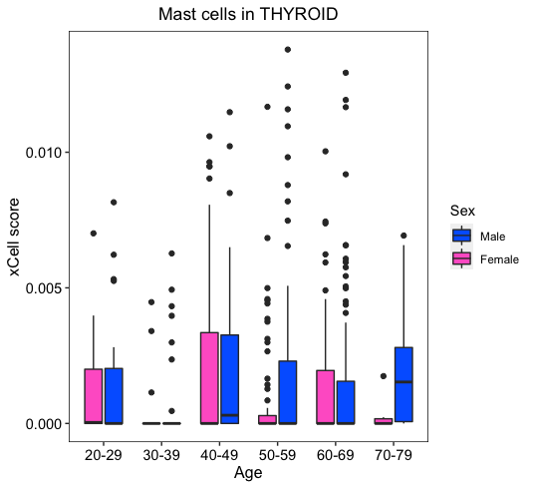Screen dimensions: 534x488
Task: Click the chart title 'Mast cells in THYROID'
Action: (248, 14)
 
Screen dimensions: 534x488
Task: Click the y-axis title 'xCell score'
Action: (14, 237)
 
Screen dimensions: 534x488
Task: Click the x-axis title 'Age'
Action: (248, 473)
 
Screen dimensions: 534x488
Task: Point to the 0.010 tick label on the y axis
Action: (43, 153)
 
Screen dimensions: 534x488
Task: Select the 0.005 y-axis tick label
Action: (43, 288)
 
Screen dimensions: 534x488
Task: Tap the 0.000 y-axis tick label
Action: (43, 424)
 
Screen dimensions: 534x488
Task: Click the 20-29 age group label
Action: (104, 455)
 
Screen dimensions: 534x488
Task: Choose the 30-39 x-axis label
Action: (161, 455)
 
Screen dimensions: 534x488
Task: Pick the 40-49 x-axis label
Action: (219, 455)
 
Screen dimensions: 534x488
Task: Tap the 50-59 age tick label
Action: (277, 455)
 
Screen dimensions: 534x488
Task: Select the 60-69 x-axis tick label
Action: (336, 455)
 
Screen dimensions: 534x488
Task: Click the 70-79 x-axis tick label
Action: (394, 455)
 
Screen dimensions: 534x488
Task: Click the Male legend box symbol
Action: (461, 236)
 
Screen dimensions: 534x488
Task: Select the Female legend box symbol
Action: (461, 258)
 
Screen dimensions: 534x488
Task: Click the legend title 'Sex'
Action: (462, 211)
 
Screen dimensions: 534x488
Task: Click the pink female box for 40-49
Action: (209, 378)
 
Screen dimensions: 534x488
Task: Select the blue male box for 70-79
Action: (403, 384)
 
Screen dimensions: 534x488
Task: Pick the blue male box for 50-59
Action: (288, 392)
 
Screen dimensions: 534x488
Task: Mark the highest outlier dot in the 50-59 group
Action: (288, 50)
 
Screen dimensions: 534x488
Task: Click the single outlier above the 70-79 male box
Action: (403, 236)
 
